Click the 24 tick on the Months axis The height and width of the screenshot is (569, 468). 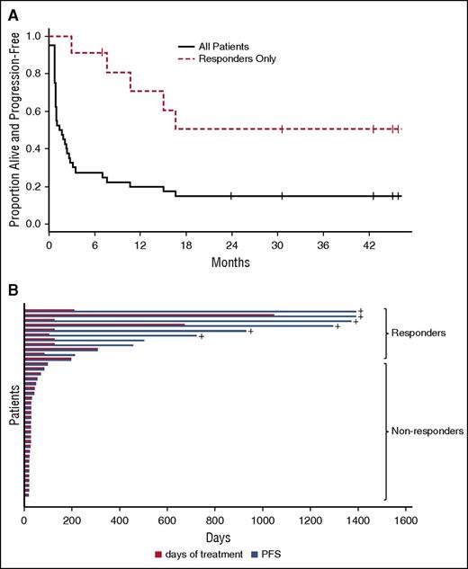[231, 245]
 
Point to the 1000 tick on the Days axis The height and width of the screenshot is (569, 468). [263, 520]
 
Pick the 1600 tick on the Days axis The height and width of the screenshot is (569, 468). [406, 520]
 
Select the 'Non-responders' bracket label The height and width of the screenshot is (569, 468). [426, 431]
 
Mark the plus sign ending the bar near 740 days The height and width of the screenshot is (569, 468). [202, 337]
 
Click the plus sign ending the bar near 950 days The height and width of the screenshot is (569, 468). [251, 331]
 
